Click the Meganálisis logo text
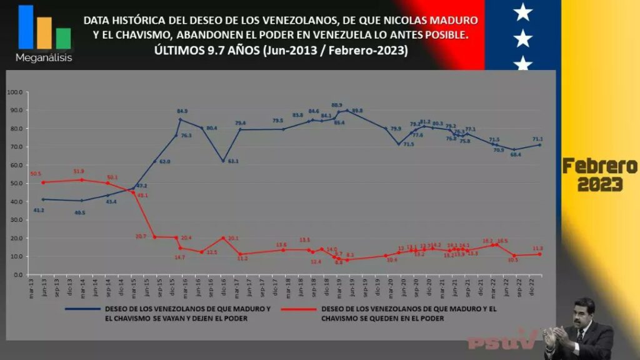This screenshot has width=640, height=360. click(x=44, y=58)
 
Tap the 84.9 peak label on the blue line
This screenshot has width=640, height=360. click(x=182, y=112)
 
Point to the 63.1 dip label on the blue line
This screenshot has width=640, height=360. click(x=232, y=161)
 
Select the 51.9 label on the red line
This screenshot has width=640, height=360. click(x=78, y=171)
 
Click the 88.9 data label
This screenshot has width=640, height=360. click(x=337, y=105)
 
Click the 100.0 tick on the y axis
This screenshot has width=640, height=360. click(x=15, y=92)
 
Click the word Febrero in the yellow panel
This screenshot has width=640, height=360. click(x=599, y=166)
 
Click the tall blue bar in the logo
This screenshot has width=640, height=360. click(x=26, y=27)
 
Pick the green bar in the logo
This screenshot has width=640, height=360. click(x=63, y=38)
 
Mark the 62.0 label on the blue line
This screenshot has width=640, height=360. click(x=164, y=161)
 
